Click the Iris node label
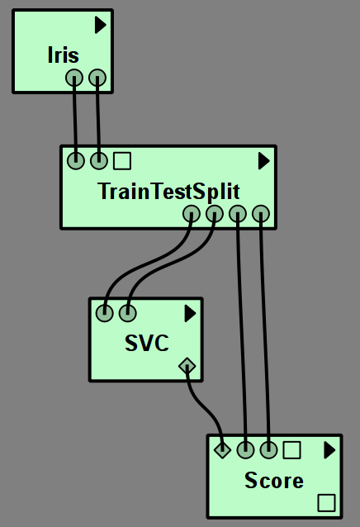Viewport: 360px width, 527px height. (63, 55)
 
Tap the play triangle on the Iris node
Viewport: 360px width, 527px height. (100, 25)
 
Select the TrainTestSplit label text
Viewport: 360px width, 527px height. (168, 192)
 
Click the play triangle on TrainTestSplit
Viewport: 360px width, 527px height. (264, 161)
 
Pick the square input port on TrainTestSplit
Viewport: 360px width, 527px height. (122, 160)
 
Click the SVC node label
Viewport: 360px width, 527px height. (147, 344)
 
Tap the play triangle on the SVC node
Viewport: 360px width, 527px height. (190, 314)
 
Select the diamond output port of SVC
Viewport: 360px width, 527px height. (187, 366)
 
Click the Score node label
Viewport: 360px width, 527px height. (274, 480)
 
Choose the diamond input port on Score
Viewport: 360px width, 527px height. (222, 449)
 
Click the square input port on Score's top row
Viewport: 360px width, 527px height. (291, 449)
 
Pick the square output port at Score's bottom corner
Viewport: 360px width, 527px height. (326, 503)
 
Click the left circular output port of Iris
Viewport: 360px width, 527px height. (73, 78)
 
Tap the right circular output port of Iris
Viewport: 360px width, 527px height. (97, 78)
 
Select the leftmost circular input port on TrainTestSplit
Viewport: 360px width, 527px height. (76, 160)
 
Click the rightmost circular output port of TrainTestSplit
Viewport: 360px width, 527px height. (261, 213)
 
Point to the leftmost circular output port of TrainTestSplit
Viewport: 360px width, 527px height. (192, 213)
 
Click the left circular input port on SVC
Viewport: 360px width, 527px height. (104, 313)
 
